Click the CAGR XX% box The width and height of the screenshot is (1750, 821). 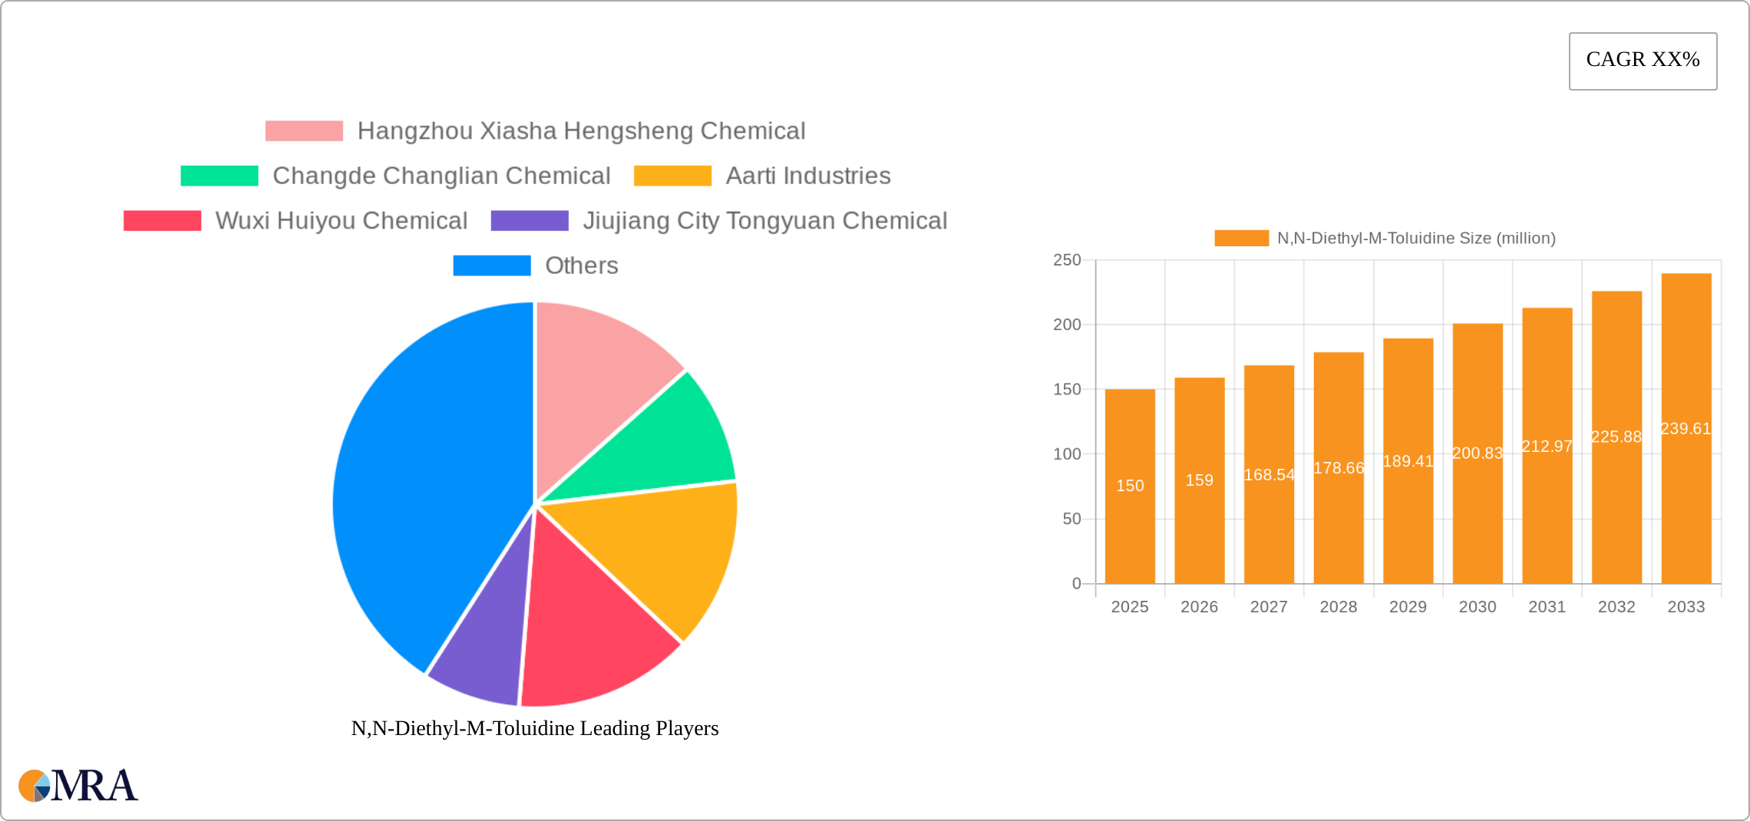pos(1643,61)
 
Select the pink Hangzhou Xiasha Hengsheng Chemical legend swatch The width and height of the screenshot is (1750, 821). pos(304,131)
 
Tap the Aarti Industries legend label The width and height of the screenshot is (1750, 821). pos(808,176)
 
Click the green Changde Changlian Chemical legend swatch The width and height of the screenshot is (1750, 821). pos(220,176)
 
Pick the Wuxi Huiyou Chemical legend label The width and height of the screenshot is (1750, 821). pos(342,221)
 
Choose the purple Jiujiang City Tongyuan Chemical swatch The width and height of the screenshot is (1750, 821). pos(530,221)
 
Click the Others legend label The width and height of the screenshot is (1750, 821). pos(581,265)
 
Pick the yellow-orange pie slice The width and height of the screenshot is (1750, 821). pos(675,552)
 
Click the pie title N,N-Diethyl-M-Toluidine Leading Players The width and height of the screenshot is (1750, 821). pos(535,728)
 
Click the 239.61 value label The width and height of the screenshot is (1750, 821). pos(1686,429)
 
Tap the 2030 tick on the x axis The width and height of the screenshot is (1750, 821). pos(1478,607)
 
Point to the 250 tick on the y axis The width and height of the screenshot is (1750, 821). pos(1067,260)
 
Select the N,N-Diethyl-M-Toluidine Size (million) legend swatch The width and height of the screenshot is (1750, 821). pos(1241,239)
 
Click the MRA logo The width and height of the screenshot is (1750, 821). pos(78,786)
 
